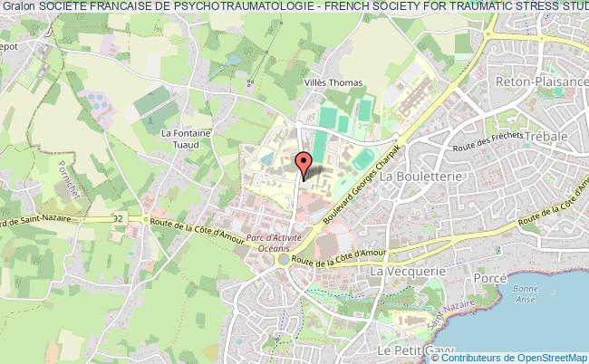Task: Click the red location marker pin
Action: tap(304, 164)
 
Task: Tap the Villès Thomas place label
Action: tap(332, 82)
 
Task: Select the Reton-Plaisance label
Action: tap(535, 81)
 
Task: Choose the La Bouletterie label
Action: tap(419, 176)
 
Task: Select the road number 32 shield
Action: tap(119, 220)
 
